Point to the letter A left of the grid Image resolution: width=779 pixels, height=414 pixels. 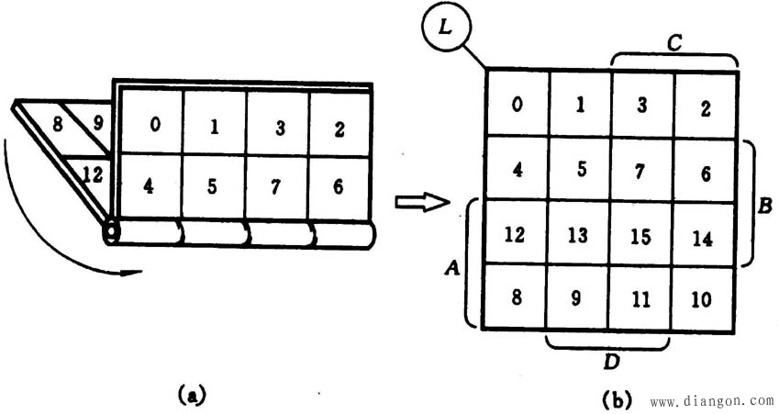coord(451,266)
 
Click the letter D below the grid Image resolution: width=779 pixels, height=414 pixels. coord(611,361)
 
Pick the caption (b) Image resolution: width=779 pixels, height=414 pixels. coord(616,399)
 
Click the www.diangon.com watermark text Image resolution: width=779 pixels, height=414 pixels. coord(712,401)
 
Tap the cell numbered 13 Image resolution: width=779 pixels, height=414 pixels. coord(579,235)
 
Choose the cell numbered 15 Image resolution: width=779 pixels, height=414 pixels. coord(641,235)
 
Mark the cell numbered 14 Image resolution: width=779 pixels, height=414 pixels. coord(704,237)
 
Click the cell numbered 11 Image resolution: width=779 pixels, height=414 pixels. coord(641,298)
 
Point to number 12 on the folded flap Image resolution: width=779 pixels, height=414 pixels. coord(92,172)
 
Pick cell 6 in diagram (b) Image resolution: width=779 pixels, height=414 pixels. coord(704,172)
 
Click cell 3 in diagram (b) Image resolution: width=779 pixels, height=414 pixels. coord(641,106)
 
